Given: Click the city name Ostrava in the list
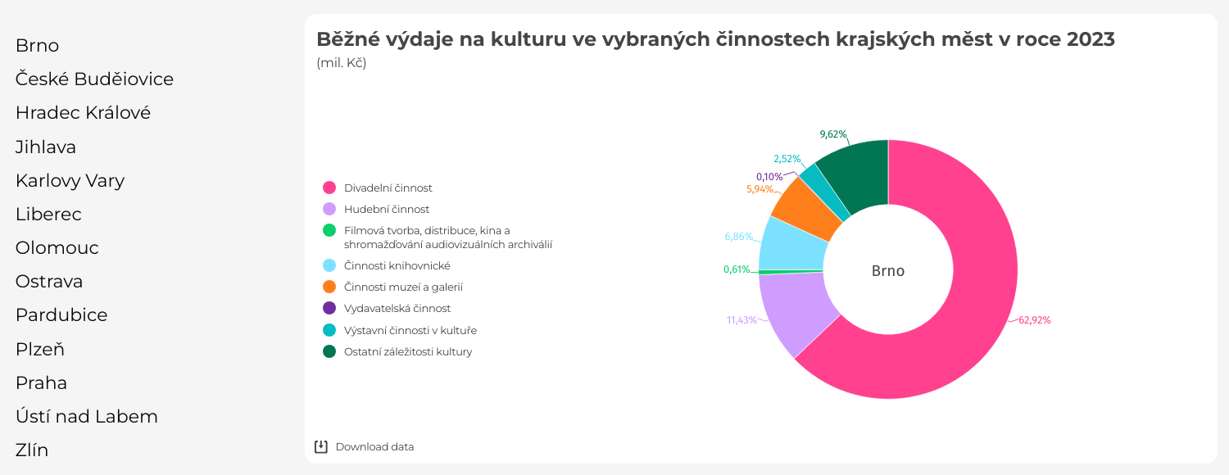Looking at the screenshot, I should tap(49, 282).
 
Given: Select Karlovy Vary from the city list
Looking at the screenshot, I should tap(70, 181).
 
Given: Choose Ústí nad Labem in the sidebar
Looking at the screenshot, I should tap(86, 417).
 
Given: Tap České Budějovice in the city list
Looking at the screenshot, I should tap(94, 79).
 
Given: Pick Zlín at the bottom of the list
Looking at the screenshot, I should tap(32, 450).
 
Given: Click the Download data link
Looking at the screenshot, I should tap(374, 447).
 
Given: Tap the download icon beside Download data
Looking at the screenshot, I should tap(321, 446).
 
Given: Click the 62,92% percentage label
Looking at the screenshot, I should tap(1035, 320).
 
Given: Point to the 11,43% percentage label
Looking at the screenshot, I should tap(741, 320).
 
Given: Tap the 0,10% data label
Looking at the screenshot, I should tap(769, 177).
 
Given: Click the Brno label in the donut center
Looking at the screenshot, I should tap(888, 271).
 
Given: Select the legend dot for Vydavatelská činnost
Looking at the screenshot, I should tap(329, 309).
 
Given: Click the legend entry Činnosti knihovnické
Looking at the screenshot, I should tap(397, 266).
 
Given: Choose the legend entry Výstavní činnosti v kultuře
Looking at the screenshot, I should tap(410, 331).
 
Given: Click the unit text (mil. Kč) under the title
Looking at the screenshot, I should tap(342, 63).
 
